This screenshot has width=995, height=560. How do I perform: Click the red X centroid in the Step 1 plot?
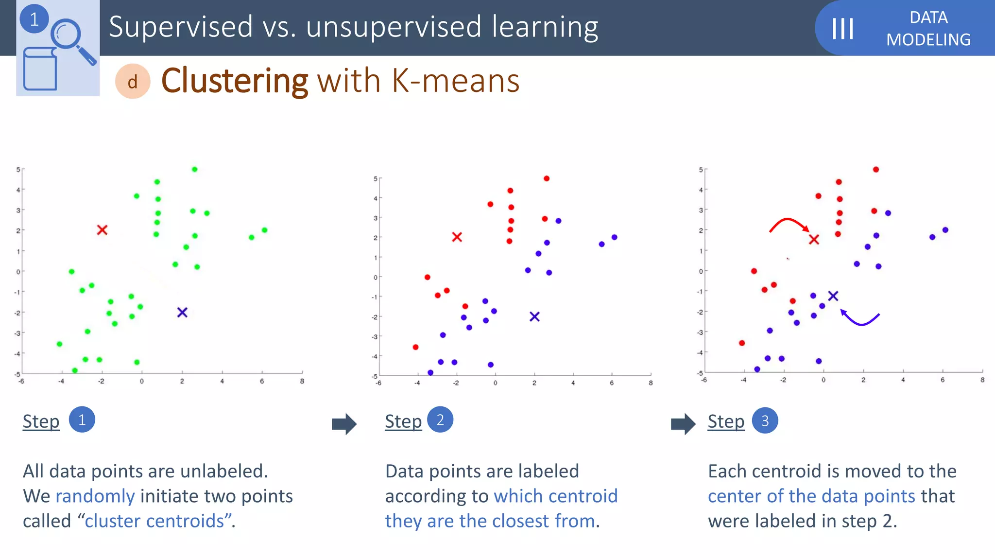coord(102,230)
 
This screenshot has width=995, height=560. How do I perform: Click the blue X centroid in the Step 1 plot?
coord(182,312)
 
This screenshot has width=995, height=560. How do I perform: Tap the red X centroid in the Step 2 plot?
coord(457,237)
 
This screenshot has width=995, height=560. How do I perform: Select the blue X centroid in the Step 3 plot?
coord(833,296)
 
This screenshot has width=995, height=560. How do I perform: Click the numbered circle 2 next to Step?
coord(440,420)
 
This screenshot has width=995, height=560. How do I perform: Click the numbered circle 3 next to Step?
coord(765,420)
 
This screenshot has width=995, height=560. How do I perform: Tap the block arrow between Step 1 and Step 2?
coord(344,424)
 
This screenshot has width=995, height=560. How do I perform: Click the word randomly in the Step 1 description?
coord(95,496)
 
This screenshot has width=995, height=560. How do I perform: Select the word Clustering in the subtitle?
coord(235,81)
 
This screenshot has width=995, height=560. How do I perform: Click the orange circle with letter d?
coord(133,82)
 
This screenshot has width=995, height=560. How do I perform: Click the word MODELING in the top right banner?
coord(928,39)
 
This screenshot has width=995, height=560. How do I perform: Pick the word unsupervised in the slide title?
coord(394,27)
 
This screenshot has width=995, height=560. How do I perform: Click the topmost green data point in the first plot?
coord(194,169)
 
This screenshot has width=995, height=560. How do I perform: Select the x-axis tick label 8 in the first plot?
coord(302,382)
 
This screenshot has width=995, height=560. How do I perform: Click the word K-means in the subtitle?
coord(455,81)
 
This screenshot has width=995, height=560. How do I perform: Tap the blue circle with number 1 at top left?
coord(34,19)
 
